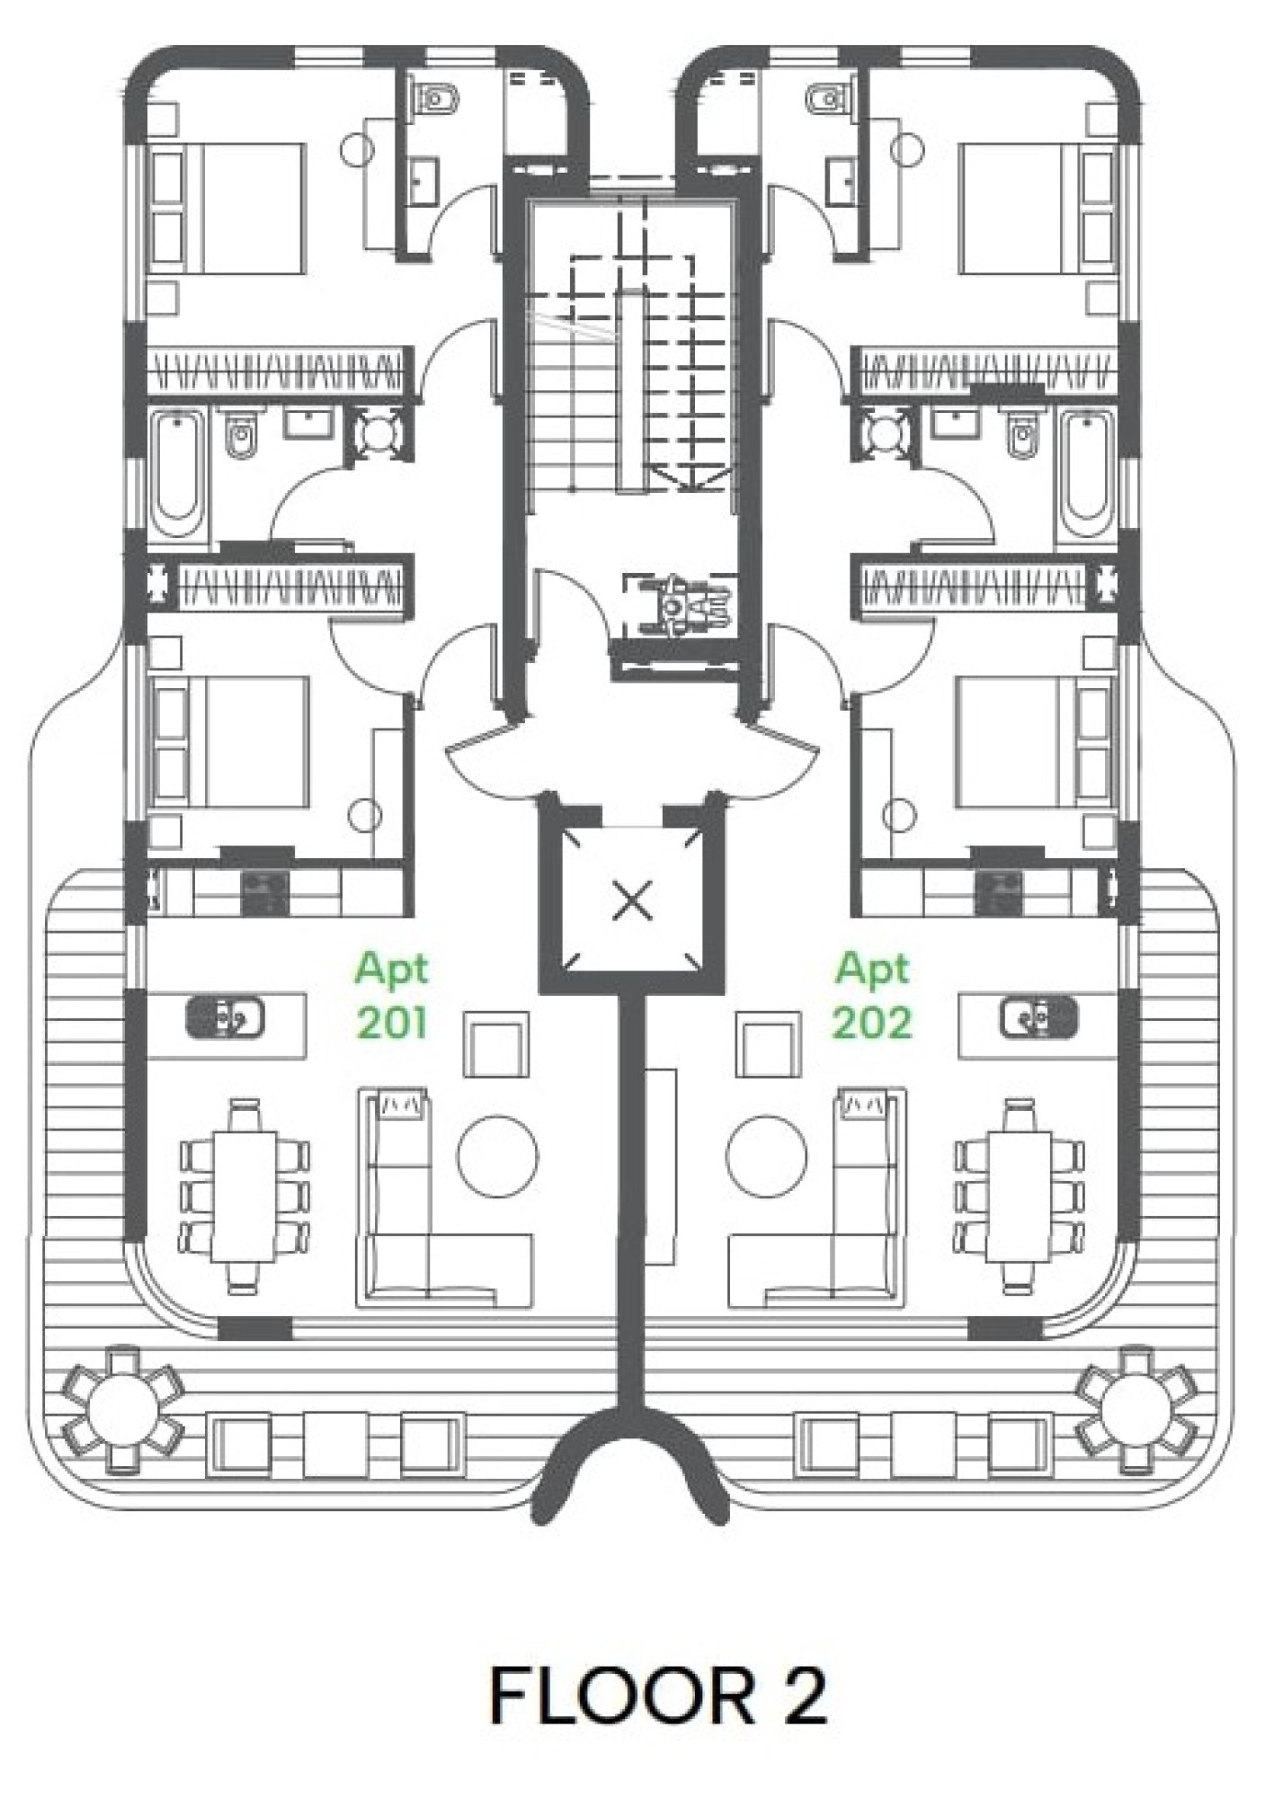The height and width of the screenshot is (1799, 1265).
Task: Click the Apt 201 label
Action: point(392,995)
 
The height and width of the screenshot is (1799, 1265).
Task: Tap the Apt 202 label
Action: point(872,995)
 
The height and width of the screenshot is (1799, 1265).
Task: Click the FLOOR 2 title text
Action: point(657,1695)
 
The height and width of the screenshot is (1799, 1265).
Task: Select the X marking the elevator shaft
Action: point(632,900)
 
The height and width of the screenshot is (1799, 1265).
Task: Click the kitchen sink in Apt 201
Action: point(225,1017)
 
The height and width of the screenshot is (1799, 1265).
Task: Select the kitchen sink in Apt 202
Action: point(1038,1017)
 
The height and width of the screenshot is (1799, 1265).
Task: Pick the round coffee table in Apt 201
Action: point(498,1156)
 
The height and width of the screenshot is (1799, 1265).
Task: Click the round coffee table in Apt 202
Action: point(767,1156)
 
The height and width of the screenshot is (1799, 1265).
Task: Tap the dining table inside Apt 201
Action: point(244,1195)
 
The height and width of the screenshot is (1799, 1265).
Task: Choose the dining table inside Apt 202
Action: point(1020,1195)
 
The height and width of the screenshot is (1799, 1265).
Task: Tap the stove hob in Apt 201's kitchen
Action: point(265,891)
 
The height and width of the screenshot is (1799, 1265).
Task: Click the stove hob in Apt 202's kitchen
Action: point(999,891)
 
